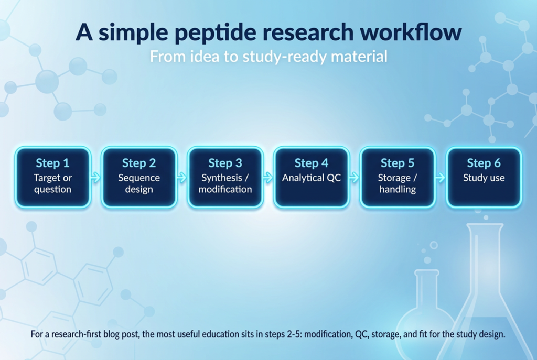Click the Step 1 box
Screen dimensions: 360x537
pos(53,177)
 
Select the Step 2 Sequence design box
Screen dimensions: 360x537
pos(139,177)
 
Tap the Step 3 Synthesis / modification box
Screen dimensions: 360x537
pos(225,177)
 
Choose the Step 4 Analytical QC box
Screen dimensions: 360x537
pos(312,177)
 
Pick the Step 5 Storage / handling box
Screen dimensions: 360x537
pos(398,177)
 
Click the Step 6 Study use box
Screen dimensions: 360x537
pos(484,177)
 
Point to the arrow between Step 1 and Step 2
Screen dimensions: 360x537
pos(96,178)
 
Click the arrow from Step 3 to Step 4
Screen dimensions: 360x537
pos(268,178)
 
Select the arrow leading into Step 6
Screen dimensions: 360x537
pos(441,178)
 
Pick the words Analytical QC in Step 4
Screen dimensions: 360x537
pos(312,178)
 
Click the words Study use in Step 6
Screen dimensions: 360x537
pos(484,178)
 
